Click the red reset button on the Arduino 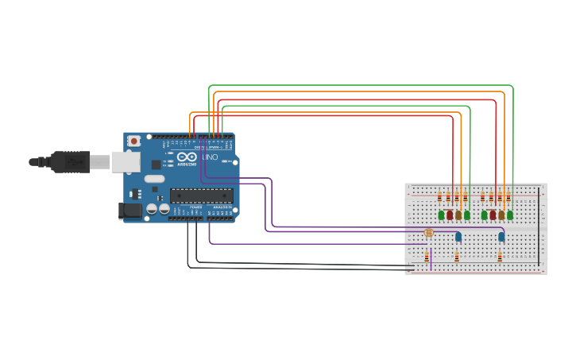pos(134,141)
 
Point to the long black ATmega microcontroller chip pos(202,195)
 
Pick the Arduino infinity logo pos(187,157)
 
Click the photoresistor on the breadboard pos(429,233)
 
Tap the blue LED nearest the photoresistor pos(458,236)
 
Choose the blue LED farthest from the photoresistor pos(501,236)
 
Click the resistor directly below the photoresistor pos(427,257)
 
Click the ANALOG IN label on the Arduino pos(221,207)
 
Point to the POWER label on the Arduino pos(195,207)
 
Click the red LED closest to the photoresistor pos(450,215)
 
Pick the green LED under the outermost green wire pos(510,215)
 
